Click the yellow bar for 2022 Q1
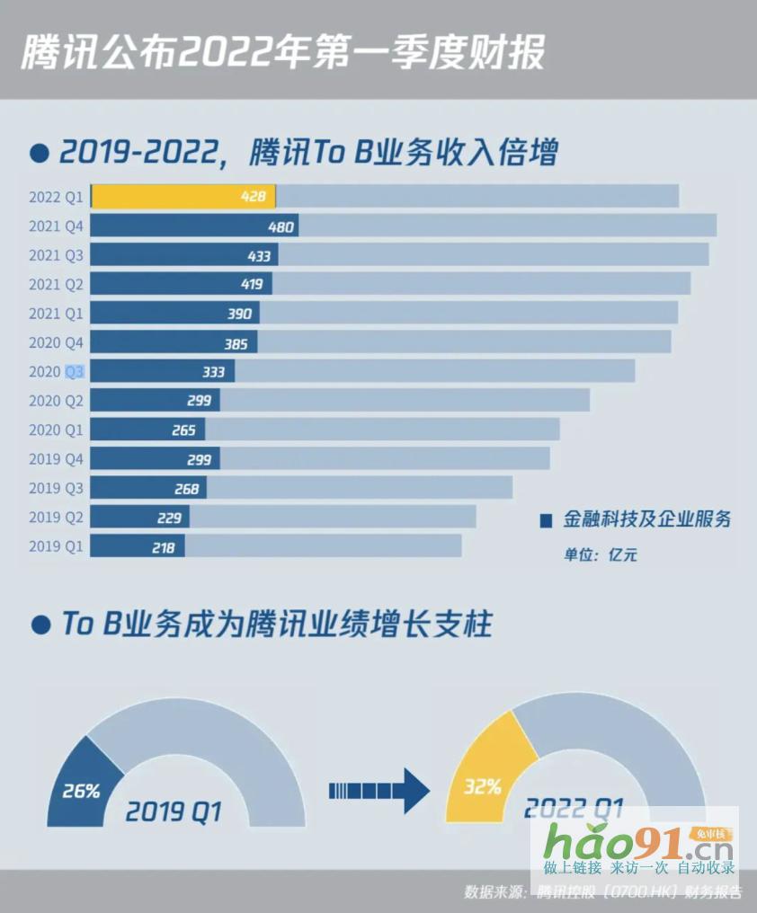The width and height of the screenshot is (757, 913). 183,197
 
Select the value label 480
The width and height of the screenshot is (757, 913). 281,226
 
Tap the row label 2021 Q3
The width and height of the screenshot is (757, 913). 56,255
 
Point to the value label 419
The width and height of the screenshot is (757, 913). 252,284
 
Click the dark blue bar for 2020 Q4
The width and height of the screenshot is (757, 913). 174,342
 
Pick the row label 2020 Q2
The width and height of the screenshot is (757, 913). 56,401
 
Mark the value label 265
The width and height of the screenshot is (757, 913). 183,430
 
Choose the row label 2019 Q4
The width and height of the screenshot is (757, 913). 56,459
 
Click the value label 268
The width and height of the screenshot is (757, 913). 186,488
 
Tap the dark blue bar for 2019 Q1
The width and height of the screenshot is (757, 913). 138,546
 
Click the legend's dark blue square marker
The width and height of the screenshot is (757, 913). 545,520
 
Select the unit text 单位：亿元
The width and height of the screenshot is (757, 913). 601,554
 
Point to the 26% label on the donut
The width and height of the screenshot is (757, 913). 81,792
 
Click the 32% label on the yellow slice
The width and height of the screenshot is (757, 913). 483,787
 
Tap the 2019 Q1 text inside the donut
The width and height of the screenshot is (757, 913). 173,812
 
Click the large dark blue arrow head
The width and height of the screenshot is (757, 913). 414,791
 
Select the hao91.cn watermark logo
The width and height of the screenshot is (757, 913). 637,844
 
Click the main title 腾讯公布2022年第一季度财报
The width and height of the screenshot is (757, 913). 282,52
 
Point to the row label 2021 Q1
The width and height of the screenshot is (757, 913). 56,314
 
